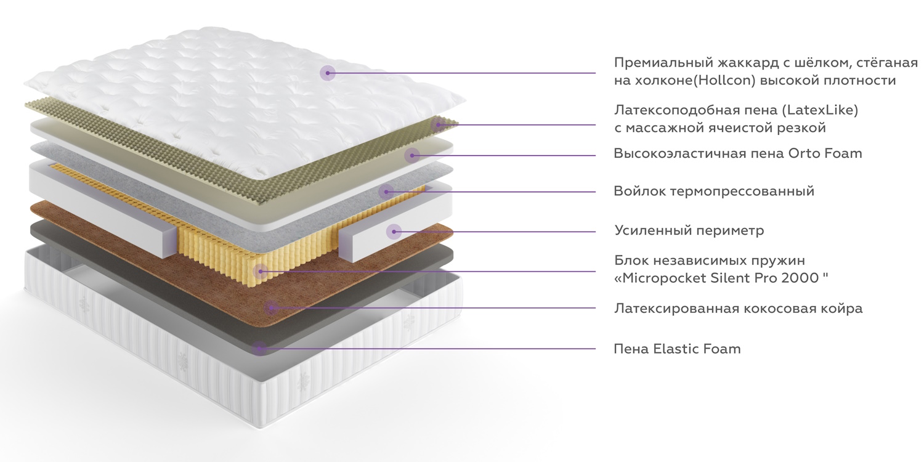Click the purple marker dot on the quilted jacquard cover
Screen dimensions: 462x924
click(328, 73)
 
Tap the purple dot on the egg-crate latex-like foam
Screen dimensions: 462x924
click(439, 124)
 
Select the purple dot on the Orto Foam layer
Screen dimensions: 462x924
click(412, 155)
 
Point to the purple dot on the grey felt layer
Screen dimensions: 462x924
click(386, 192)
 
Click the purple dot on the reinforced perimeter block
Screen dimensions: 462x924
click(394, 232)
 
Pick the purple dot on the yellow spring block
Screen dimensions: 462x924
click(261, 271)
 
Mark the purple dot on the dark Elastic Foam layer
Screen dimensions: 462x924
click(259, 349)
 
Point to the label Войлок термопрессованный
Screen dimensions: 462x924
click(714, 191)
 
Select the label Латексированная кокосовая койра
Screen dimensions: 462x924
click(738, 308)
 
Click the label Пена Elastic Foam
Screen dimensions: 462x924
click(677, 349)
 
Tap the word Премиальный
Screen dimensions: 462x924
click(663, 63)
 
